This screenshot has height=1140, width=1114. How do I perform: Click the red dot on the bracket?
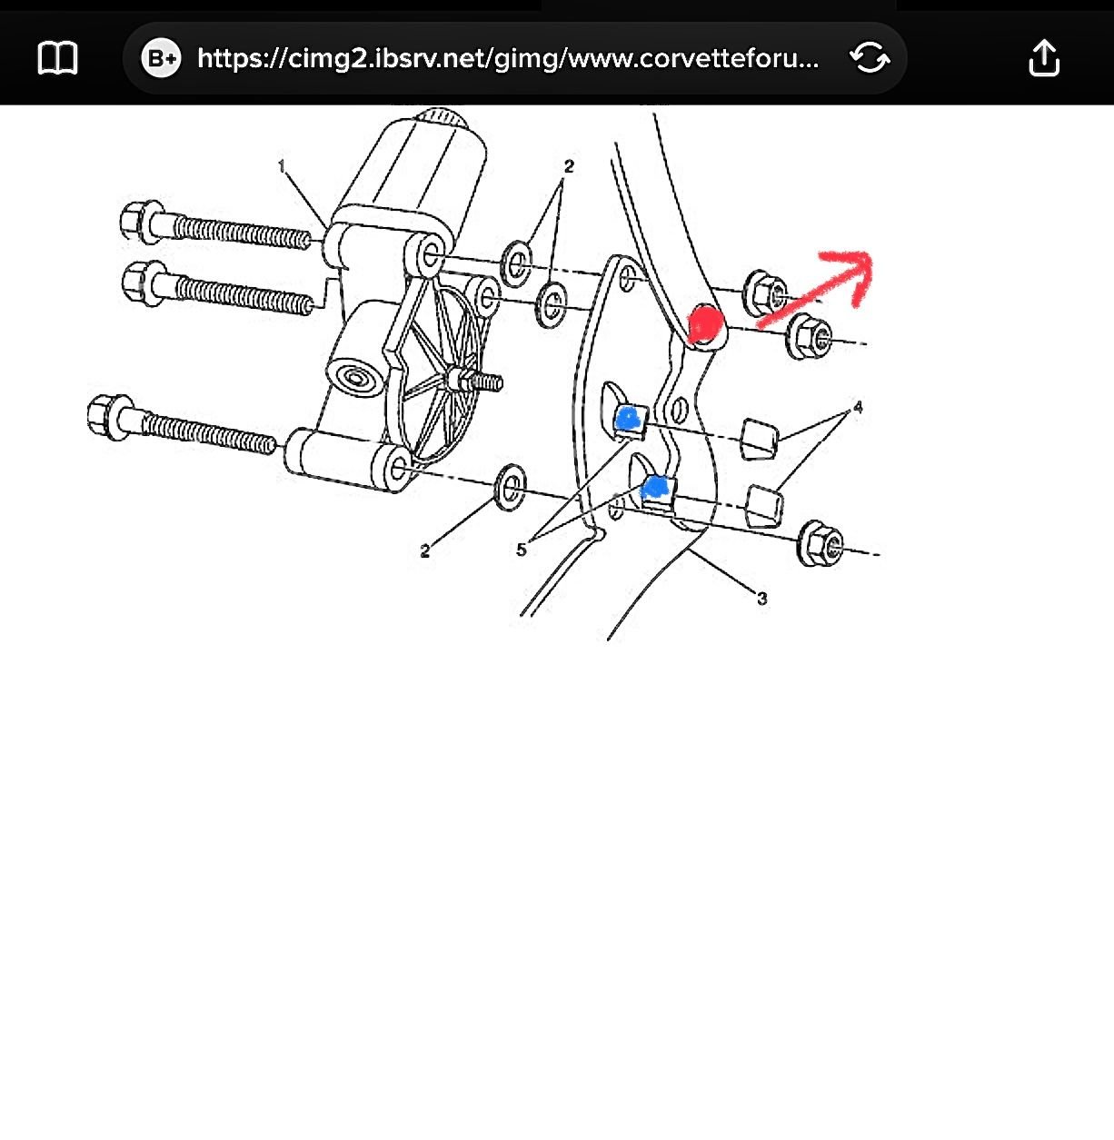705,322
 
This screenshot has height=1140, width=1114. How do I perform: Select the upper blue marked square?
628,418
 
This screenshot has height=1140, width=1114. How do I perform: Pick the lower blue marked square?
656,486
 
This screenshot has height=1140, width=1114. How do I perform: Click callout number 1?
282,166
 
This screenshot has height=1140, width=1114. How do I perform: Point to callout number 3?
761,598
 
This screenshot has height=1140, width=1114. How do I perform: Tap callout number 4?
858,407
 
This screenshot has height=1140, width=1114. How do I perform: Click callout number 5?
521,550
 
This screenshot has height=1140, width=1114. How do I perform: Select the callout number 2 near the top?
569,166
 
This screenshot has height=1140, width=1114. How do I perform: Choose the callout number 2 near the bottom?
425,550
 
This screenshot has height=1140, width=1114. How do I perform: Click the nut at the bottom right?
820,543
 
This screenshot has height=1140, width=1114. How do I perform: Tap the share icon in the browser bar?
1044,58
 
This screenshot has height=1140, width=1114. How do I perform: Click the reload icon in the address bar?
870,57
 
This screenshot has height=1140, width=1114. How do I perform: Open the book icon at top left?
57,58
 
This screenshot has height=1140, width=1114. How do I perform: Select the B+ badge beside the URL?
161,58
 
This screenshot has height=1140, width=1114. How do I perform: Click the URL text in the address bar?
508,58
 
